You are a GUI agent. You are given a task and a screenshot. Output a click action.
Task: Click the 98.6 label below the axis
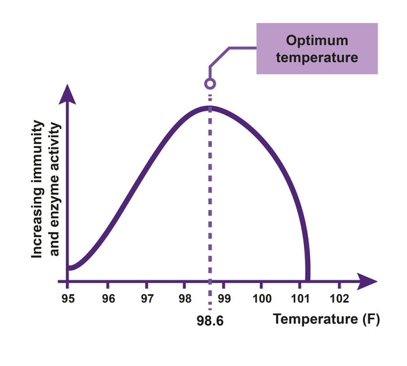210,317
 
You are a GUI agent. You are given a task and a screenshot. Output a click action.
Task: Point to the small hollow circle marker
210,84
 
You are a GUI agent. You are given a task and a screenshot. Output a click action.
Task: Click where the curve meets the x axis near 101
308,278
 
